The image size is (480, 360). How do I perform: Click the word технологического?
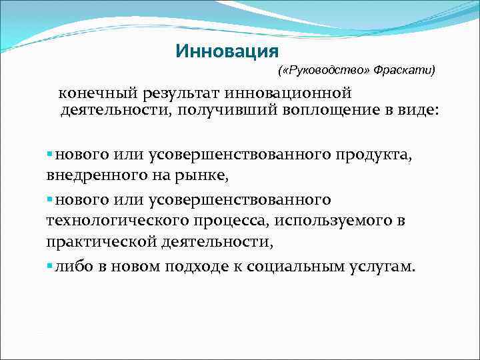pos(103,221)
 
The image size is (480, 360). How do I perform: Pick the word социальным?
pos(293,267)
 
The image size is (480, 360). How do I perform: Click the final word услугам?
pos(381,267)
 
